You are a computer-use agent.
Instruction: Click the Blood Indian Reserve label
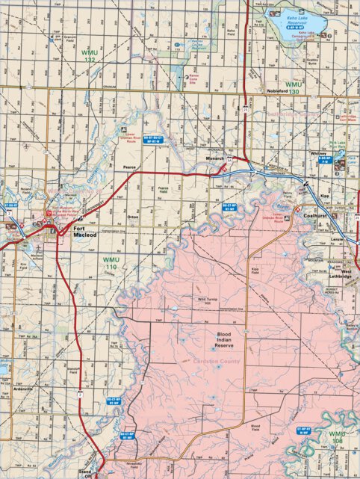tap(225, 341)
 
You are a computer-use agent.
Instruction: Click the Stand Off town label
tap(85, 472)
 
